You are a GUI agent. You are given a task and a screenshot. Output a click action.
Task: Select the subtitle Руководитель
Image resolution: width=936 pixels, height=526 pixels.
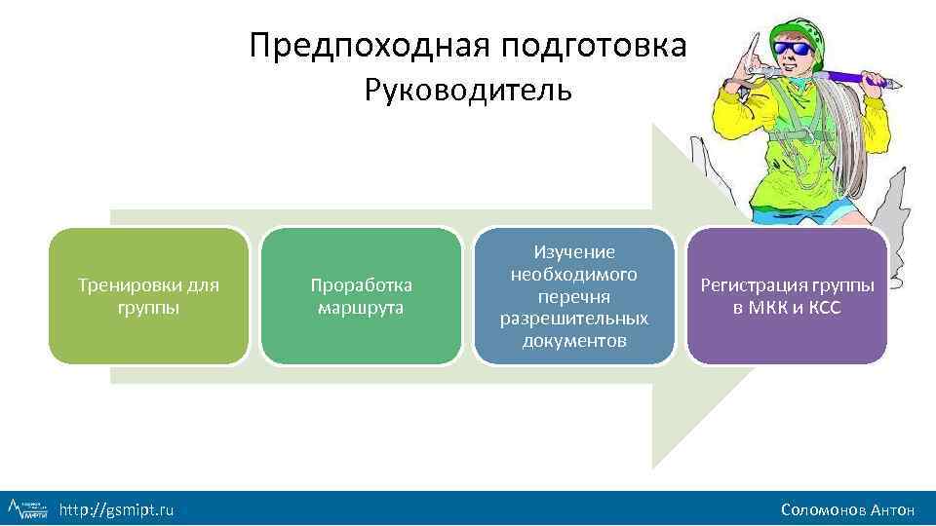click(x=468, y=91)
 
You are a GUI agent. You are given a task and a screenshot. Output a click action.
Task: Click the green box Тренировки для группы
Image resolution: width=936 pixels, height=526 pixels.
click(x=148, y=296)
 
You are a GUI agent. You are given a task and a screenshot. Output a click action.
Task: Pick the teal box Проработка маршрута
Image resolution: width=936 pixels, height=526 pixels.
click(x=361, y=296)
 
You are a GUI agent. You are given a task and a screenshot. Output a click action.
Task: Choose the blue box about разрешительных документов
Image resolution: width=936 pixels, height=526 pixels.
click(x=573, y=296)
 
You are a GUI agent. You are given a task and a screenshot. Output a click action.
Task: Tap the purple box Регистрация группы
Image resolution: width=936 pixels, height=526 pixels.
click(x=787, y=296)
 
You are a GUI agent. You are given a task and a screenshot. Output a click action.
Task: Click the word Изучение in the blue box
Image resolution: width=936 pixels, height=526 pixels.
click(x=574, y=252)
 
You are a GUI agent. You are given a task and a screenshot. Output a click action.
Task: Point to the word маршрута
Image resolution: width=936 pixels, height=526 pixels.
click(x=361, y=309)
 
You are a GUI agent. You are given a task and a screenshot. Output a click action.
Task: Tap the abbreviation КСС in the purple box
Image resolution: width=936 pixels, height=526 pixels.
click(x=824, y=309)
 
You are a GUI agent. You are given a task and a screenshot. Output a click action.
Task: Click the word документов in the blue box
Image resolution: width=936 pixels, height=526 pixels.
click(x=574, y=342)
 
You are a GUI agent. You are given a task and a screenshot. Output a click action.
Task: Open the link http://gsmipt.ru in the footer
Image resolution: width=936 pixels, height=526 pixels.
click(x=117, y=508)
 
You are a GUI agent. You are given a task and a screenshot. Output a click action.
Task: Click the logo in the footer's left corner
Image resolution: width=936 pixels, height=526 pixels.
click(x=27, y=508)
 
